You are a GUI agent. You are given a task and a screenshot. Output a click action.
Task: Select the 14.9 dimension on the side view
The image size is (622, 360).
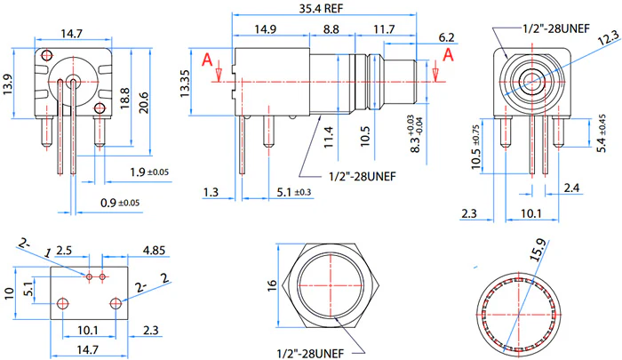[265, 29]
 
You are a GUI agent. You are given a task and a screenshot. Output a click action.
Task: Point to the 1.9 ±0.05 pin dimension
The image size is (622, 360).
[148, 172]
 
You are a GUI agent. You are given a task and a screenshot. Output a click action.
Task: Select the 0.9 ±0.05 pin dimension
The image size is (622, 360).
[119, 203]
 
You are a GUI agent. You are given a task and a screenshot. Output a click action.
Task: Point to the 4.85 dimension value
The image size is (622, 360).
[154, 252]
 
